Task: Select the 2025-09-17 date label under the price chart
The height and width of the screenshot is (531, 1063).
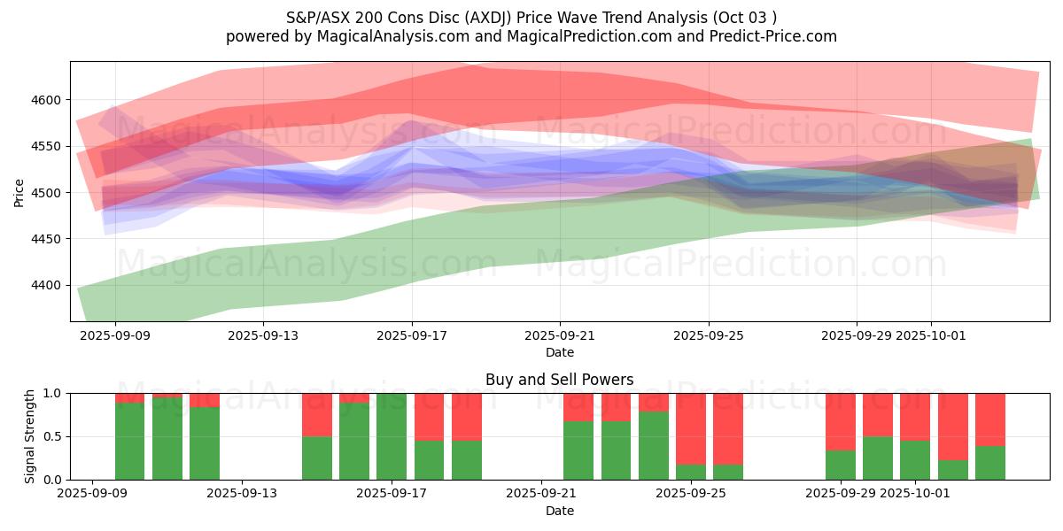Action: [x=411, y=336]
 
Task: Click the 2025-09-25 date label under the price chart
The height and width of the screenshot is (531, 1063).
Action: [x=708, y=336]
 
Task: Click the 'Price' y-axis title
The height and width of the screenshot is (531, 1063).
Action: [x=19, y=192]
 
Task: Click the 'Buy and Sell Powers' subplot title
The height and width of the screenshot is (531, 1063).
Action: [x=559, y=380]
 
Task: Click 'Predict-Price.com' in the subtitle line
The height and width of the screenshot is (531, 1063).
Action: [x=768, y=36]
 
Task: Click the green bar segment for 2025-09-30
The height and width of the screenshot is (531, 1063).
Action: [x=878, y=458]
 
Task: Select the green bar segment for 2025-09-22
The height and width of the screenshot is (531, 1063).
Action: [x=578, y=450]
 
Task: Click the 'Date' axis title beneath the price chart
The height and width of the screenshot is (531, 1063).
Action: [x=559, y=352]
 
